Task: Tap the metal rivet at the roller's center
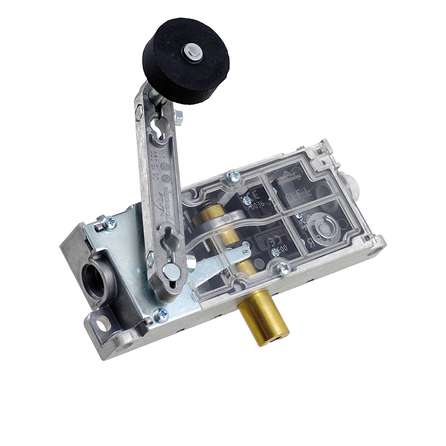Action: (x=192, y=53)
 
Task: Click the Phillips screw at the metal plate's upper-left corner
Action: (x=109, y=223)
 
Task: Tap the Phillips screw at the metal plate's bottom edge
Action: (x=161, y=315)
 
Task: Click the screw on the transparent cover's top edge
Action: (x=233, y=176)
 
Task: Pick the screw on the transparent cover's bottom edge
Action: (x=284, y=269)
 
